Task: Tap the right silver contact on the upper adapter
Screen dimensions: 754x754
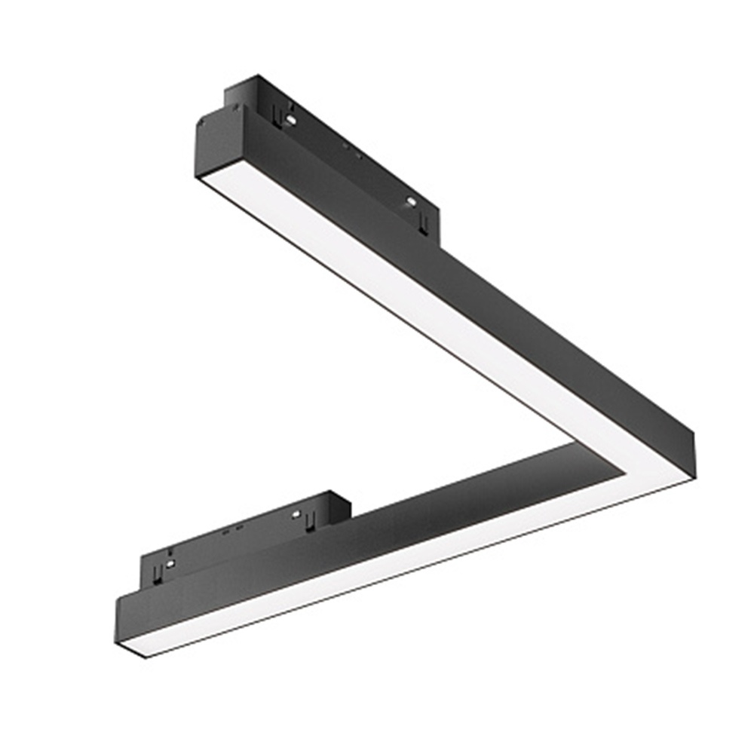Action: [411, 201]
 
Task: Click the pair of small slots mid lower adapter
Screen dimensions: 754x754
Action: [231, 529]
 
